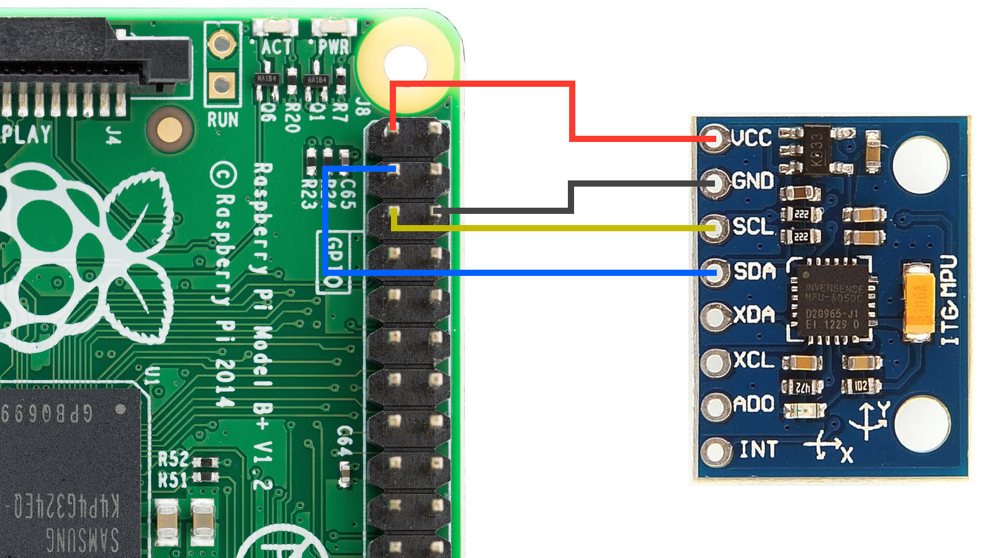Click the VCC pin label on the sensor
(x=752, y=138)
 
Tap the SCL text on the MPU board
(x=753, y=226)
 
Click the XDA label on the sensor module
(x=754, y=315)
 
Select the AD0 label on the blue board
(x=753, y=404)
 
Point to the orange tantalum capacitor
(x=919, y=302)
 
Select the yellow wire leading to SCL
(x=559, y=229)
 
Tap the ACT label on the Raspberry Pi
(x=276, y=47)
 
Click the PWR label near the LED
(x=334, y=47)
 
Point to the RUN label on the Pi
(x=222, y=120)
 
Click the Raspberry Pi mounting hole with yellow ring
(x=405, y=64)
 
